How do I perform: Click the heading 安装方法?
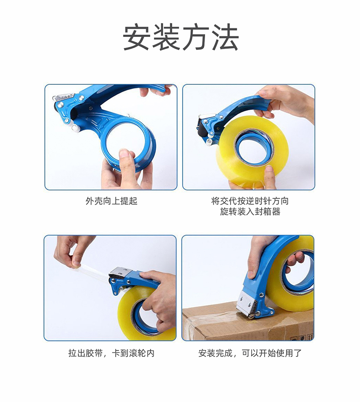pos(181,37)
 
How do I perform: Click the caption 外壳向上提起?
pos(112,201)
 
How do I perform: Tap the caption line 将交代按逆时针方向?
pos(250,201)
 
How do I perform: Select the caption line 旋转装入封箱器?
pos(250,212)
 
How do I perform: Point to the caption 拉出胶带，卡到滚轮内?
pos(111,353)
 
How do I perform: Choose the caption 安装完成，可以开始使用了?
pos(250,353)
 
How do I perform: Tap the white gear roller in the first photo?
pos(75,128)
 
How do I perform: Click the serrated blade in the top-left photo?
pos(63,97)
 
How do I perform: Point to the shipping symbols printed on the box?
pos(302,337)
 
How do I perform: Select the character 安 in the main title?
pos(136,37)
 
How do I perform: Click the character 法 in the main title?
pos(226,37)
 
